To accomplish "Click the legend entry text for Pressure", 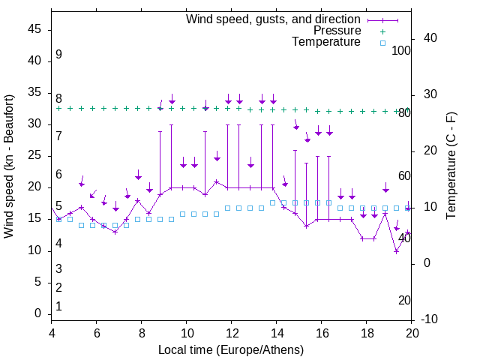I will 337,31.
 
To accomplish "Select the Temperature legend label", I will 326,42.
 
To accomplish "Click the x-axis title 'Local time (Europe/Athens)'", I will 231,350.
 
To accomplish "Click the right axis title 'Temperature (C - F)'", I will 451,166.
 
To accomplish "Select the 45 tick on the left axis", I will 34,29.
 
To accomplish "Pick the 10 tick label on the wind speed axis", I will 34,250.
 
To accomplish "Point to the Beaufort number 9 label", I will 58,55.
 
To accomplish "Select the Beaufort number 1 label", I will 58,307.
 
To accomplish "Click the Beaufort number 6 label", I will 58,175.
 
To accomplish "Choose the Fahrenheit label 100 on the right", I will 401,50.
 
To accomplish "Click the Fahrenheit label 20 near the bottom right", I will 404,301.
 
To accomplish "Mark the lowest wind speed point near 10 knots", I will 396,251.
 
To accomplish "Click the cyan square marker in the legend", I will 382,43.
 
